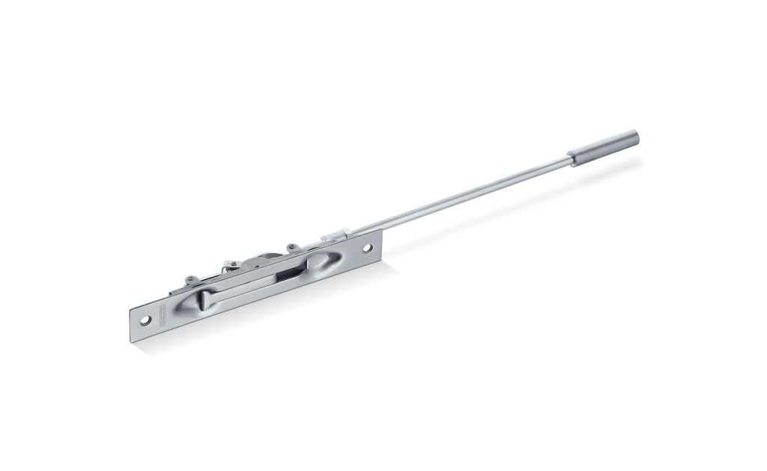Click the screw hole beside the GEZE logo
tap(145, 320)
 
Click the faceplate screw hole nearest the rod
tap(368, 248)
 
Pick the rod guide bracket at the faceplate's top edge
tap(336, 236)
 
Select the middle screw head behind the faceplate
tap(233, 264)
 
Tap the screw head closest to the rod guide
tap(291, 247)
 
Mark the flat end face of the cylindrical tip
tap(635, 137)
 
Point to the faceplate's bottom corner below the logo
tap(133, 341)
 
